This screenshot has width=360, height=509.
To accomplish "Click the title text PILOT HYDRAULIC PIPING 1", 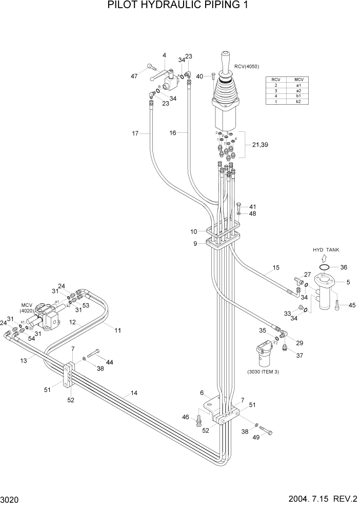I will coord(179,6).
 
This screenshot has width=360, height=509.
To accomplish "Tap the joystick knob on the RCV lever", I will coord(226,57).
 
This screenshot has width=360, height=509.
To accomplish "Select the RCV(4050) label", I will coord(247,67).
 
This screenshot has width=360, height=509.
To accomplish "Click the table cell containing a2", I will coord(298,90).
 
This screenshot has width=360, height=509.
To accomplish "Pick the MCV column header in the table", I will coord(298,80).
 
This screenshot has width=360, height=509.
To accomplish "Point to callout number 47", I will coord(134,76).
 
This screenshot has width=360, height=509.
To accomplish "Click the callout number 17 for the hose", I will coord(135,134).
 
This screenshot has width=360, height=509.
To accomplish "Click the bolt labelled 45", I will coord(336,305).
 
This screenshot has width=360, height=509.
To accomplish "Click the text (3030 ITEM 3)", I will coord(263,371).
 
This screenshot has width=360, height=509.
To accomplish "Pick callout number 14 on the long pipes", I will coord(134,394).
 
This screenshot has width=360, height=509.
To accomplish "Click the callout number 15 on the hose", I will coord(276,268).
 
